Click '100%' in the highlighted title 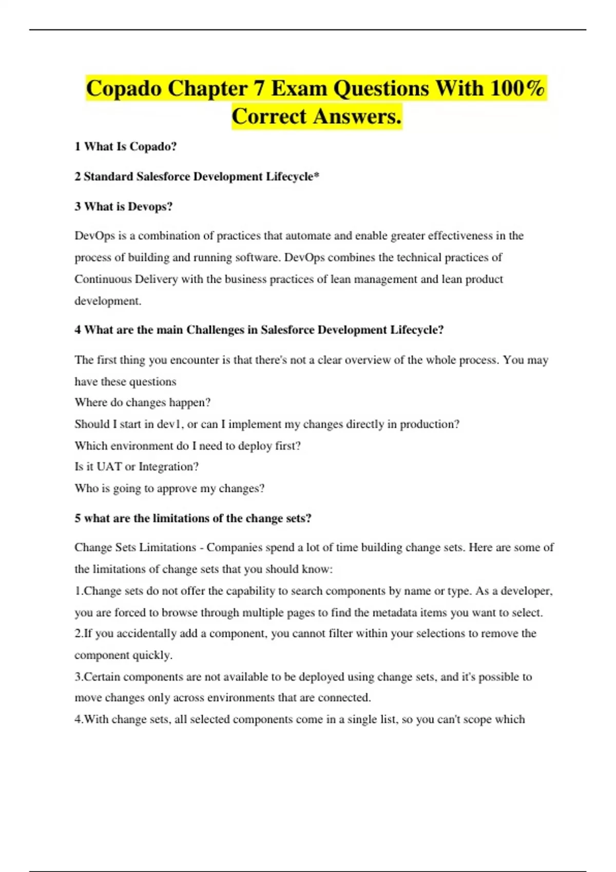point(517,88)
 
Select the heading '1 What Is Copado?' point(126,147)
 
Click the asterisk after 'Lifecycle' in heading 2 point(316,175)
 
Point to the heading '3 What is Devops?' point(124,207)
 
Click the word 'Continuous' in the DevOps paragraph point(103,279)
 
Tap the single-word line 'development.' point(108,301)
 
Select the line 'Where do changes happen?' point(143,403)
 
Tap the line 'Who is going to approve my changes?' point(169,488)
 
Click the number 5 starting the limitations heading point(78,519)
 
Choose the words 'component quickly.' point(123,655)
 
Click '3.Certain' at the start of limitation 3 point(97,677)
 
